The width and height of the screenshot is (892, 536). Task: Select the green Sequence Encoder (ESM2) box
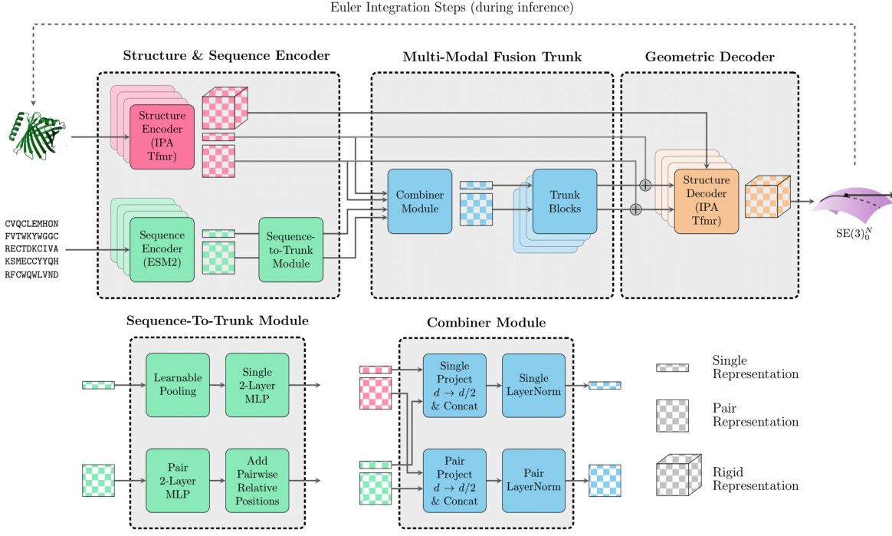tap(162, 248)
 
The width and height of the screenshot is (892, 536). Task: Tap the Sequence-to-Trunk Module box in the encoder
tap(290, 248)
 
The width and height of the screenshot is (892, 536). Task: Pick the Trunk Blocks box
tap(564, 201)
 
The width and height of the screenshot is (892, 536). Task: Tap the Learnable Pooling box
tap(178, 385)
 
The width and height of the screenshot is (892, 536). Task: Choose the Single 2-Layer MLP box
tap(257, 385)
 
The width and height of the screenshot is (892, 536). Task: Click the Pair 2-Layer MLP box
tap(178, 480)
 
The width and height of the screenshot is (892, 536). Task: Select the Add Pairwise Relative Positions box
tap(257, 480)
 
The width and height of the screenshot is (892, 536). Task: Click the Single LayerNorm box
tap(533, 385)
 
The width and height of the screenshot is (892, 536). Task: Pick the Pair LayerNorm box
tap(533, 480)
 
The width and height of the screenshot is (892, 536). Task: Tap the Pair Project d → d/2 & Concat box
tap(454, 480)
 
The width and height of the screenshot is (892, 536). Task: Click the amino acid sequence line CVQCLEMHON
tap(31, 224)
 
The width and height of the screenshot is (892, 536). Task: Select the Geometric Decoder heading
tap(710, 57)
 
